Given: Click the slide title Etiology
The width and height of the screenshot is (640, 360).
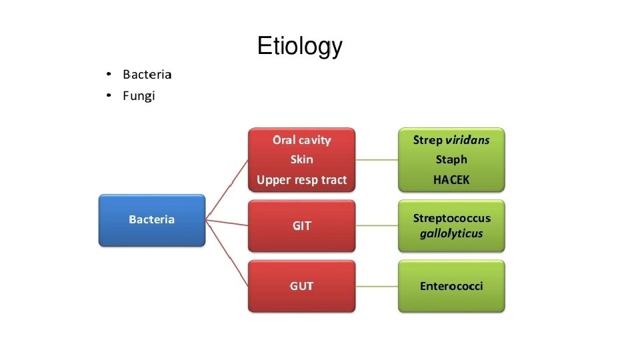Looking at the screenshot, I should (x=299, y=47).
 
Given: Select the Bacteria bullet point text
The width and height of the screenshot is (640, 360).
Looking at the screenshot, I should (x=147, y=74).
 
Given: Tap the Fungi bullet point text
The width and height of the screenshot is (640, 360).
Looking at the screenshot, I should (x=139, y=96).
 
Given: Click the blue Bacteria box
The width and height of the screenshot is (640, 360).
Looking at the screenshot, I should (x=152, y=220).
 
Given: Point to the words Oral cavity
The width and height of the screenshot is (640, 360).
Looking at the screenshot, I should (x=301, y=140).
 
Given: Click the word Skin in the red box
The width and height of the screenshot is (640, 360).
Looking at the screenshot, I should (x=301, y=160).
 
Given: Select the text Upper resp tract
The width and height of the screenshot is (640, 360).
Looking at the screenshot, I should (x=301, y=180).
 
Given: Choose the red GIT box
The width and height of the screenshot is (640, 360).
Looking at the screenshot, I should (x=301, y=226).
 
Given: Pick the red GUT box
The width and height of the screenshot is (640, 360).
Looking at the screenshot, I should (x=301, y=286).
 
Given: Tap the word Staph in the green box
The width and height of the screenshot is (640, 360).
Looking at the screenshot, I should (x=451, y=160).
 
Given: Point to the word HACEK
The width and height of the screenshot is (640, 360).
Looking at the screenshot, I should (x=451, y=180).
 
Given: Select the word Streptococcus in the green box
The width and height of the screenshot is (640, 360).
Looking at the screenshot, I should (x=451, y=219).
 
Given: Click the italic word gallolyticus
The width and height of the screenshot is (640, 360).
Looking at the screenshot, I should (x=451, y=233).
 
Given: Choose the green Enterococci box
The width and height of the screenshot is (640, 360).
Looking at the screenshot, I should (x=451, y=286).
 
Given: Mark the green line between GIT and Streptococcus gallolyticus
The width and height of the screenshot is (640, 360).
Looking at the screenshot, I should (x=377, y=226).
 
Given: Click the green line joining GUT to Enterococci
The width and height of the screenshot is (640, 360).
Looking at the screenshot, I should (x=377, y=286).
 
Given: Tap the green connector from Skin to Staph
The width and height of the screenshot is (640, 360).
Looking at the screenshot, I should (x=377, y=160).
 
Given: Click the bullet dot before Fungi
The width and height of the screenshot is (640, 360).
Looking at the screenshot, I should (x=109, y=97).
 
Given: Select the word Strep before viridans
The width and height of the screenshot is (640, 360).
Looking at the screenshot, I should (x=427, y=140).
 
